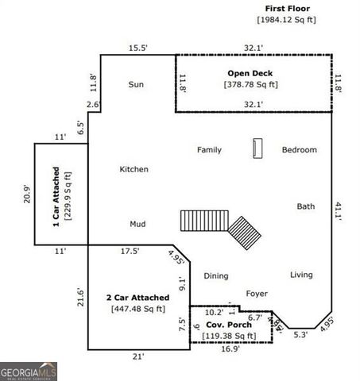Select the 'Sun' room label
click(x=136, y=84)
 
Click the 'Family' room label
click(x=209, y=150)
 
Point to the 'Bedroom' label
click(x=299, y=150)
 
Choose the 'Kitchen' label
click(x=134, y=169)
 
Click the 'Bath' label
click(x=306, y=206)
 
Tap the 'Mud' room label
click(x=137, y=224)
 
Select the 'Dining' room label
click(x=215, y=276)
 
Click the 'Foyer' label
click(x=256, y=293)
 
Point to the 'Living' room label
click(x=301, y=275)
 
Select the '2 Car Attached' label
click(x=139, y=298)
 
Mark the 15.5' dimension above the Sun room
click(x=138, y=48)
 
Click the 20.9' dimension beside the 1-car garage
click(x=27, y=194)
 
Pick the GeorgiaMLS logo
click(x=29, y=371)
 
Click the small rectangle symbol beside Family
click(x=257, y=148)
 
